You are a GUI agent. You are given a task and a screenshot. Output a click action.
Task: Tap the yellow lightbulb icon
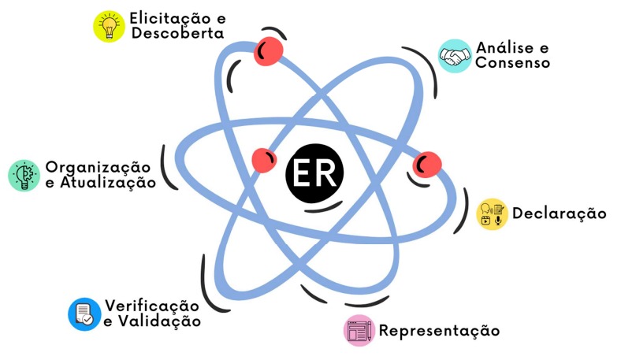(x=109, y=25)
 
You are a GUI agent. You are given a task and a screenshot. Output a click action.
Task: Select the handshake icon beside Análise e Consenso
(x=454, y=56)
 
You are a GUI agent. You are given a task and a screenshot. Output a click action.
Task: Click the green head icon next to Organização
(x=24, y=175)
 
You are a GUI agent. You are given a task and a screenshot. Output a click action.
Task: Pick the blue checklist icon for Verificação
(x=84, y=314)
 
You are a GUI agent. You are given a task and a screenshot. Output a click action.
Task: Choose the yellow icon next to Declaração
(x=492, y=213)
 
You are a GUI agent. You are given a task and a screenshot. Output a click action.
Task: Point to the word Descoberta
(x=177, y=34)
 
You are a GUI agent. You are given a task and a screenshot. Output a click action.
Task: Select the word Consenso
(x=512, y=63)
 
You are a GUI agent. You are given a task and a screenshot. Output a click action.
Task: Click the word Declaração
(x=559, y=213)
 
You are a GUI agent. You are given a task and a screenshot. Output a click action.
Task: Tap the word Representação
(x=439, y=330)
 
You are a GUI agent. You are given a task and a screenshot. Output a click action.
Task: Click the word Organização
(x=98, y=167)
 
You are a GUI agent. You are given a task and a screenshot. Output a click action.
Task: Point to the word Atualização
(x=107, y=183)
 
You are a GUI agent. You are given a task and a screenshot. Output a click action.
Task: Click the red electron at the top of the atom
(x=269, y=50)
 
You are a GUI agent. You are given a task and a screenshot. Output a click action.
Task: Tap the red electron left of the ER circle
(x=264, y=160)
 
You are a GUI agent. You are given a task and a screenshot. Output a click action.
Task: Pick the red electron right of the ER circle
(x=427, y=164)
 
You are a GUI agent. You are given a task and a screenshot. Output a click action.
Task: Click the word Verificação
(x=151, y=306)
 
